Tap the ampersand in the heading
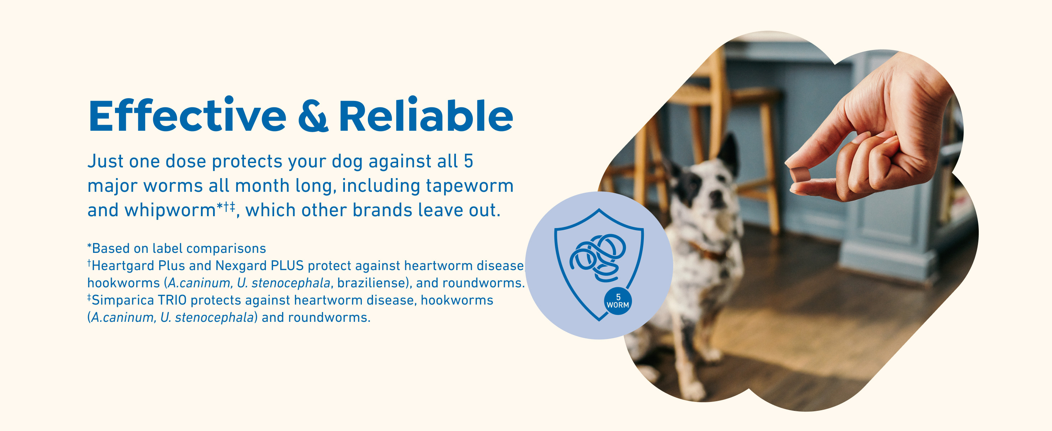[x=313, y=116]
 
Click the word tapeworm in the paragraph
[x=470, y=186]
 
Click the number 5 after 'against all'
[x=469, y=161]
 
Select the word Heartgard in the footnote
[x=123, y=266]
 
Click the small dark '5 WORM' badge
[x=618, y=302]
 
